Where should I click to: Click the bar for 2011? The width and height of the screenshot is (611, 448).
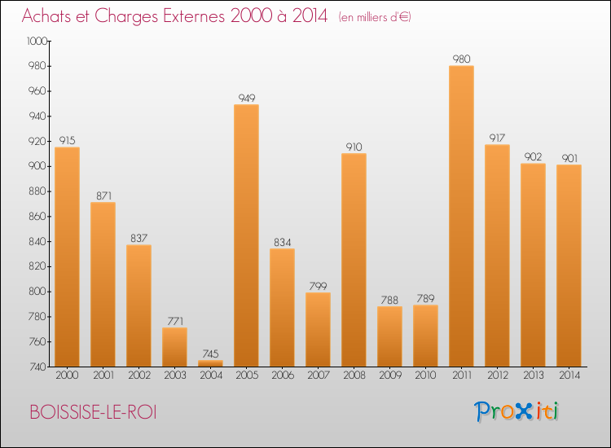[x=461, y=216]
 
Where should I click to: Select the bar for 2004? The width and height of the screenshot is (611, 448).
[x=210, y=363]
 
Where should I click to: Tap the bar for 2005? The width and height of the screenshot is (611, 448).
[x=246, y=235]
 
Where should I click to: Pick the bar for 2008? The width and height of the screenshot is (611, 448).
[x=354, y=260]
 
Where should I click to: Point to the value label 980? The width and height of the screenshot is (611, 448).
[x=461, y=59]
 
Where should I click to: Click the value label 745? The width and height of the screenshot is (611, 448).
[x=210, y=354]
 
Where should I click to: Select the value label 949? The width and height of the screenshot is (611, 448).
[x=246, y=98]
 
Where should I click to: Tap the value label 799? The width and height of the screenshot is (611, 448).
[x=318, y=286]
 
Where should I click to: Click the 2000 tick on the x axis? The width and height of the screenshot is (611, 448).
[x=67, y=376]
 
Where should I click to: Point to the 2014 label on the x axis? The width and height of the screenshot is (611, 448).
[x=569, y=376]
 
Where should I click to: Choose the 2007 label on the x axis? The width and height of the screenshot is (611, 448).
[x=318, y=376]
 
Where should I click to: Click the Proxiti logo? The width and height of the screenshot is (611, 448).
[x=517, y=411]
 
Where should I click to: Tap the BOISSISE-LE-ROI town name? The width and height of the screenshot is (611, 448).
[x=92, y=412]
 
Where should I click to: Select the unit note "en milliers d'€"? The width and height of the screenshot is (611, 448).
[x=374, y=17]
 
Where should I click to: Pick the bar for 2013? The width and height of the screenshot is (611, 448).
[x=533, y=265]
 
